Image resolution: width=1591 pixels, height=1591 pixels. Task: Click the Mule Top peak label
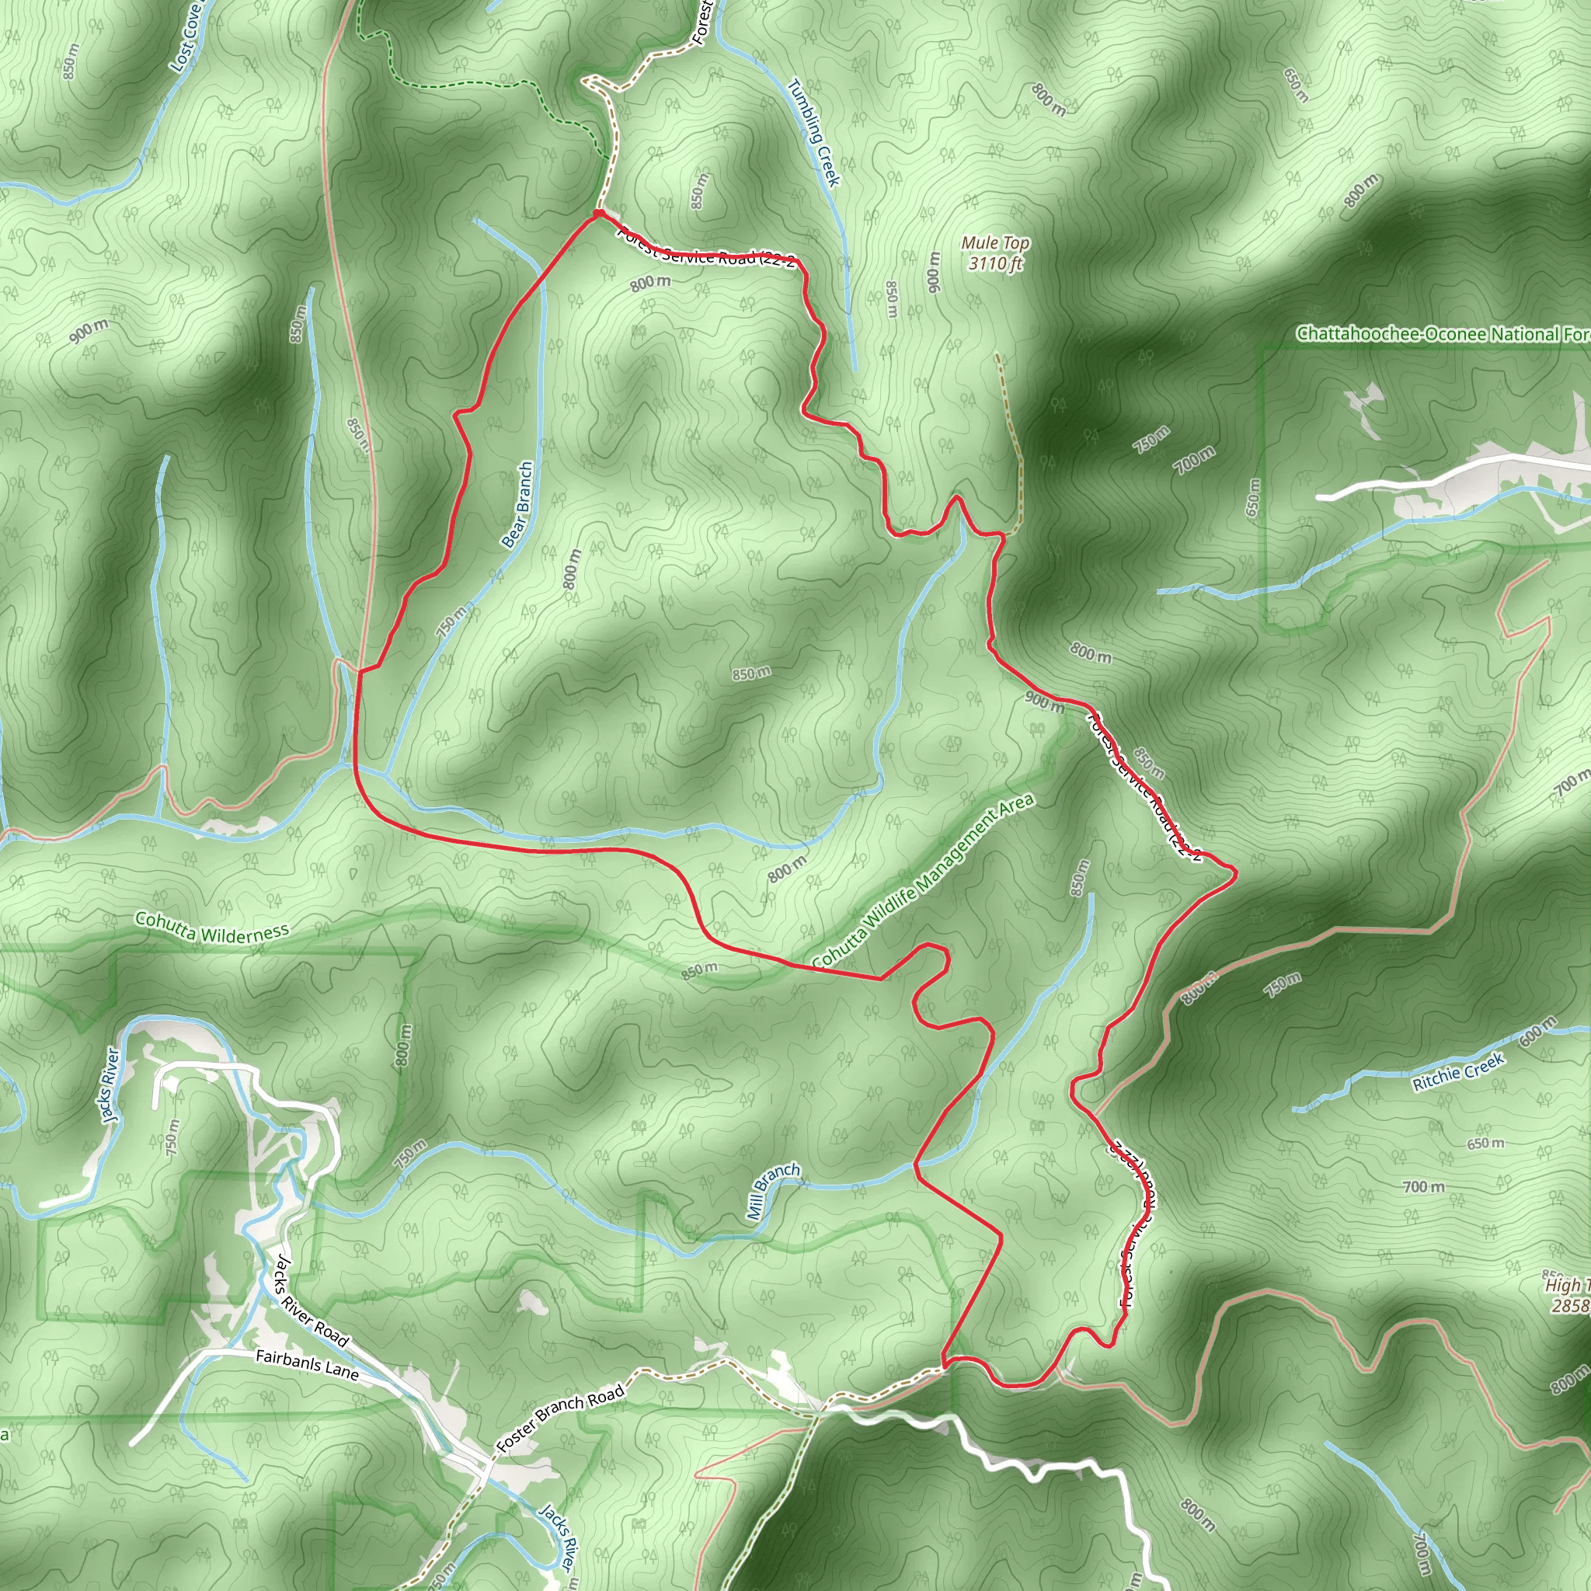[995, 243]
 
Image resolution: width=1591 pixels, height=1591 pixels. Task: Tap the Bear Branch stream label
[517, 505]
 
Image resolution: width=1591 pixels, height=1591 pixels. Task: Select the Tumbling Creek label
[814, 132]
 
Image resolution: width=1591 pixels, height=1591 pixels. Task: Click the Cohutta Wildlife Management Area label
[922, 881]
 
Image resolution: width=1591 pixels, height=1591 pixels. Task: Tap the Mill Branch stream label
[772, 1190]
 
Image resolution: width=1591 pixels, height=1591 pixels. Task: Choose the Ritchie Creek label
[1458, 1072]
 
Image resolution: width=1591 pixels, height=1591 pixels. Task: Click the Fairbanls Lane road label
[307, 1364]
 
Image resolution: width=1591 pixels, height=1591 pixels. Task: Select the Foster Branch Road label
[560, 1417]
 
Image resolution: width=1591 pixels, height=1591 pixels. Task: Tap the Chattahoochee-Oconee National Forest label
[1441, 333]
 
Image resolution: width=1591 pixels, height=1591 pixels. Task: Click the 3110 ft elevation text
[995, 263]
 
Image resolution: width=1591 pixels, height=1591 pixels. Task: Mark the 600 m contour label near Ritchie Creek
[1537, 1031]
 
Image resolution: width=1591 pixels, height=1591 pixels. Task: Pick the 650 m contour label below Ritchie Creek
[1485, 1143]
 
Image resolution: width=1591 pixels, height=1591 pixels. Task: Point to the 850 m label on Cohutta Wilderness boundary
[698, 971]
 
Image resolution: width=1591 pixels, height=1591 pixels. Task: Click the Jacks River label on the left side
[110, 1085]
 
